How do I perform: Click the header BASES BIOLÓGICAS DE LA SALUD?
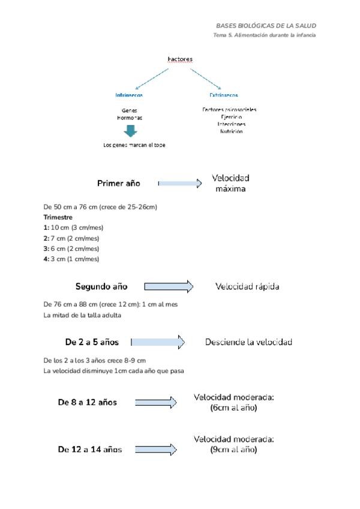click(x=266, y=26)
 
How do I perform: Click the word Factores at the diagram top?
click(x=180, y=59)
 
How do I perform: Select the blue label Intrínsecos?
click(x=129, y=95)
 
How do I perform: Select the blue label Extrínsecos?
click(x=223, y=95)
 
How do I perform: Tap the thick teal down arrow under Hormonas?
click(x=130, y=131)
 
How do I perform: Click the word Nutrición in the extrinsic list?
click(x=231, y=131)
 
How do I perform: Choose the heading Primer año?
click(x=119, y=184)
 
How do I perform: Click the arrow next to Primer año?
click(x=180, y=184)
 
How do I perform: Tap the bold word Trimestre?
click(x=58, y=217)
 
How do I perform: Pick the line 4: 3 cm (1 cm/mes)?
click(x=71, y=259)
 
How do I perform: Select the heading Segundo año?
click(x=101, y=287)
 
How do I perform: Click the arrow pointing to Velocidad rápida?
click(x=169, y=287)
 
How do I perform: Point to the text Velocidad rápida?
click(x=247, y=287)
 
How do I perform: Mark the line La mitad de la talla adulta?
click(x=83, y=315)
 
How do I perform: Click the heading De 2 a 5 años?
click(x=92, y=342)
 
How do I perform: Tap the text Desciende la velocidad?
click(x=248, y=342)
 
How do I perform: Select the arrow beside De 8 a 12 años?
click(x=156, y=403)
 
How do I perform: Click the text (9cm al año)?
click(x=233, y=450)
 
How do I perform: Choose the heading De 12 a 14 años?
click(x=90, y=450)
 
